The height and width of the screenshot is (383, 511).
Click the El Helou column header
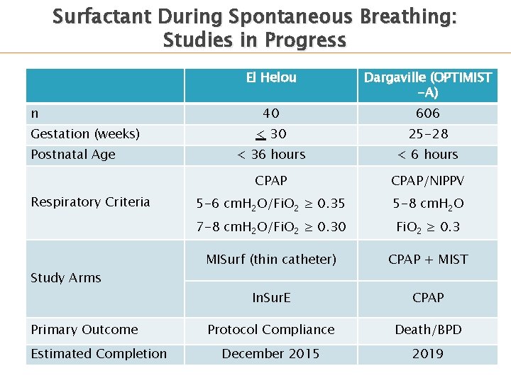tap(270, 78)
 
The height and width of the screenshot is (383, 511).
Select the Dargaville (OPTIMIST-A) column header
tap(427, 85)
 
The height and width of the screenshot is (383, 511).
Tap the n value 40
tap(270, 113)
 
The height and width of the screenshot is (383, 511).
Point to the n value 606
tap(427, 113)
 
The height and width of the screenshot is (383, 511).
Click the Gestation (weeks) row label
tap(85, 134)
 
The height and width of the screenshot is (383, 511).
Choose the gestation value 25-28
tap(427, 134)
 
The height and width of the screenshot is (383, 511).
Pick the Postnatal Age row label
tap(73, 155)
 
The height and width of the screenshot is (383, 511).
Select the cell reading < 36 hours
tap(270, 155)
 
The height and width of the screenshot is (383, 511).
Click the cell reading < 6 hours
tap(427, 155)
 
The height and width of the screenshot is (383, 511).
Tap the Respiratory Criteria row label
tap(90, 202)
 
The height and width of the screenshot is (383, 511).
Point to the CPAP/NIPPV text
tap(427, 182)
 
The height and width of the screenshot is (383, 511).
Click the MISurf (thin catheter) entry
tap(270, 260)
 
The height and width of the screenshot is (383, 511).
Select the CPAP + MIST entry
tap(427, 260)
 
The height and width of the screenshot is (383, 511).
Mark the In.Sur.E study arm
tap(270, 298)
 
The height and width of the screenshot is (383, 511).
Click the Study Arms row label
tap(66, 278)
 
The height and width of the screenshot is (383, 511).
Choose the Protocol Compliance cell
tap(270, 330)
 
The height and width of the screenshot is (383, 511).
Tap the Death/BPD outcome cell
tap(427, 330)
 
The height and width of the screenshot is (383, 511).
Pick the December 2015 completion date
tap(270, 354)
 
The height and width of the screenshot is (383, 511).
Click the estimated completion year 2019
tap(427, 354)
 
